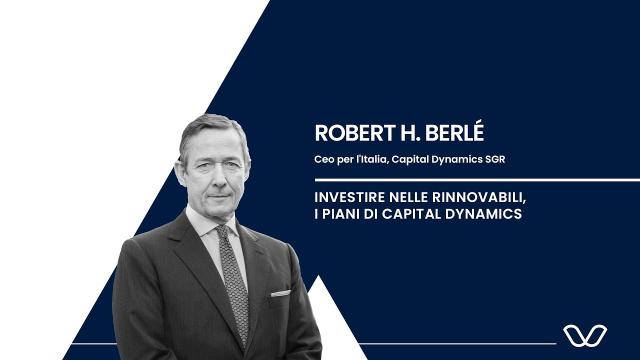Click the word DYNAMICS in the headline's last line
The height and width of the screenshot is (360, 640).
pos(484,215)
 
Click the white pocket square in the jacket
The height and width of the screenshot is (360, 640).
pos(280,292)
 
